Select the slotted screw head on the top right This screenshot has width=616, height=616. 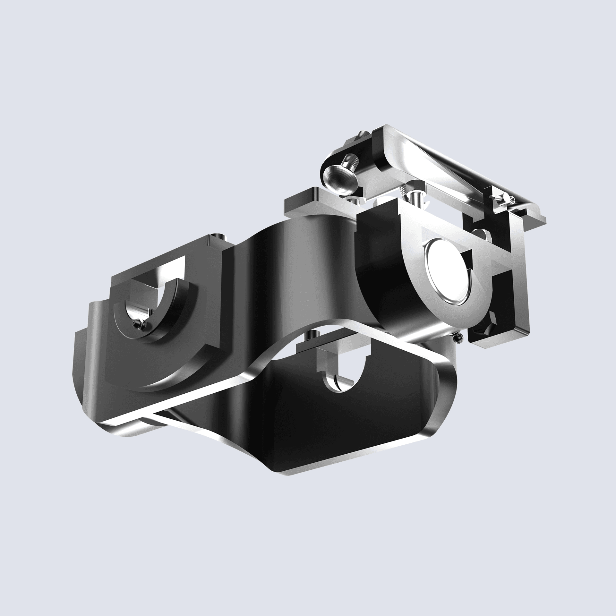click(512, 200)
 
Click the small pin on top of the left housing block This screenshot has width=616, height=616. click(218, 236)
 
